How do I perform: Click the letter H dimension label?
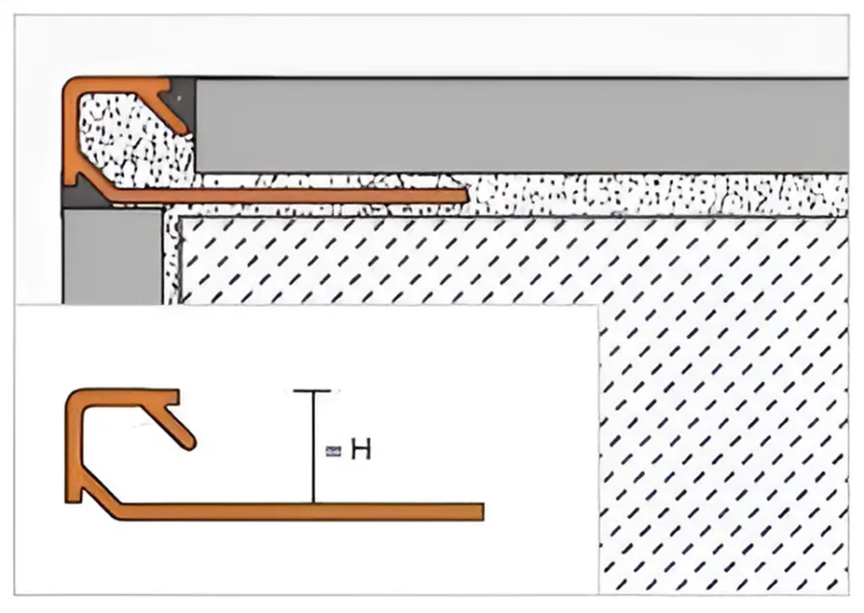pyautogui.click(x=361, y=450)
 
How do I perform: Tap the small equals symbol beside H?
pyautogui.click(x=333, y=452)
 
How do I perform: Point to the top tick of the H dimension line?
pyautogui.click(x=313, y=391)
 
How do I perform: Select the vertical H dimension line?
pyautogui.click(x=314, y=447)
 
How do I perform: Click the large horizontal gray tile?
pyautogui.click(x=522, y=126)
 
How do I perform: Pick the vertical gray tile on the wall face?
pyautogui.click(x=112, y=255)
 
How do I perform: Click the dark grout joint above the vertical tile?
pyautogui.click(x=83, y=197)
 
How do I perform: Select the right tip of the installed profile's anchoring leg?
pyautogui.click(x=467, y=196)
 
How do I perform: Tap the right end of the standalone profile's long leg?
pyautogui.click(x=483, y=511)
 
